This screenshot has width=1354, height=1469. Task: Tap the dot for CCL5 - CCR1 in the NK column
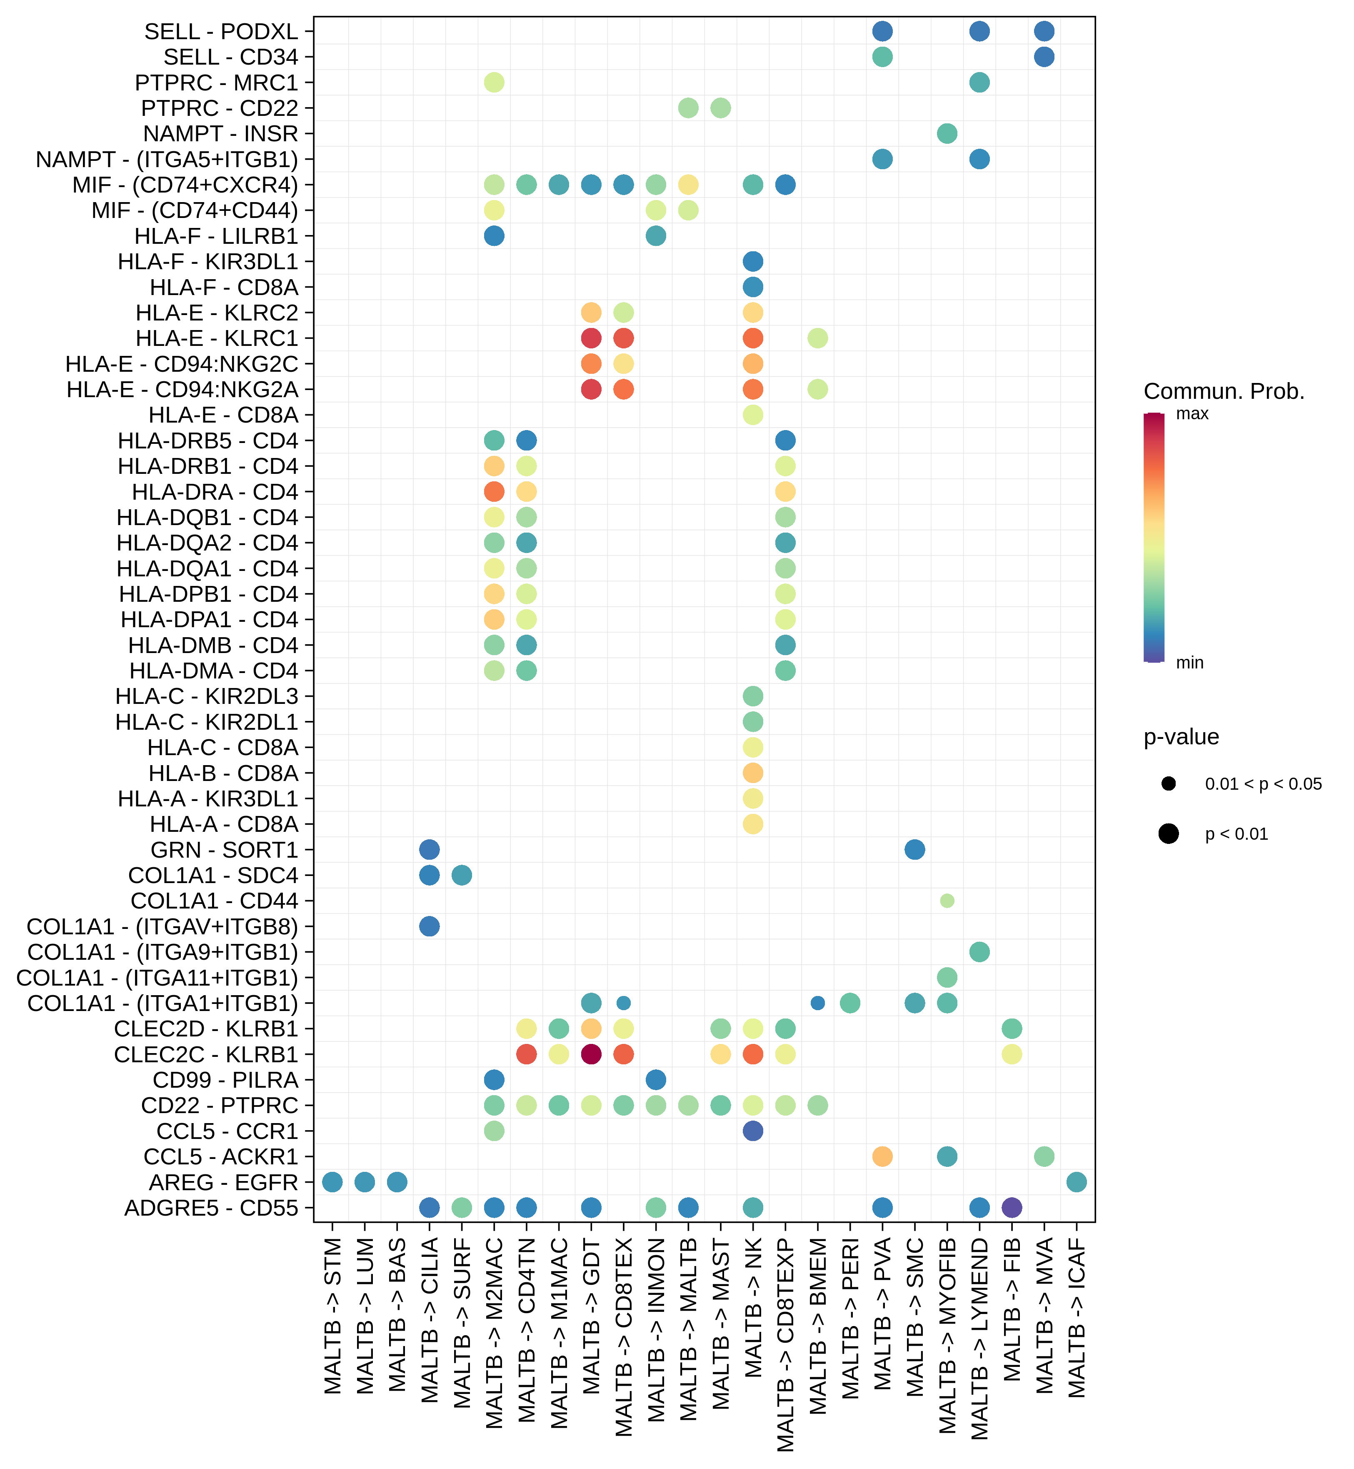(x=752, y=1131)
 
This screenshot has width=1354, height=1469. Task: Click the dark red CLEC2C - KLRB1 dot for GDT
(x=591, y=1054)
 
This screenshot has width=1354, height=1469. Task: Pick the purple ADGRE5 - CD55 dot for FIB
(x=1012, y=1207)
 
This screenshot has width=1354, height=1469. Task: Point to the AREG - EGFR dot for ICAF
(x=1076, y=1181)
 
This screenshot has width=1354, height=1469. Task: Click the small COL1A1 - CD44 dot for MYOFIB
(x=947, y=901)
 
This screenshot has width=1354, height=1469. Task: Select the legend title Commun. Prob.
(x=1224, y=391)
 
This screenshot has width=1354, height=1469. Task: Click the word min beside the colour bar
(x=1190, y=663)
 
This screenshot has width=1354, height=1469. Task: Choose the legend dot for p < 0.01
(x=1169, y=833)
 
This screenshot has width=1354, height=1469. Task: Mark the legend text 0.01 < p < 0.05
(x=1263, y=783)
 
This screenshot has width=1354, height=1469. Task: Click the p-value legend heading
(x=1181, y=737)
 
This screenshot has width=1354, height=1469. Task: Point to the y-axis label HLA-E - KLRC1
(x=217, y=339)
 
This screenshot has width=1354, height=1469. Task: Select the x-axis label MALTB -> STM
(x=332, y=1316)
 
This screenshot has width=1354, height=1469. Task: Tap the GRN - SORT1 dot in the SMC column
(x=914, y=850)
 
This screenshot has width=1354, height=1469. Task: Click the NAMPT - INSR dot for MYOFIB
(x=947, y=133)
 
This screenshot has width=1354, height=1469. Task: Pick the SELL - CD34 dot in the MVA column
(x=1044, y=56)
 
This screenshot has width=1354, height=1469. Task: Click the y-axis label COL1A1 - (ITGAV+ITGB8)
(x=162, y=926)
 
